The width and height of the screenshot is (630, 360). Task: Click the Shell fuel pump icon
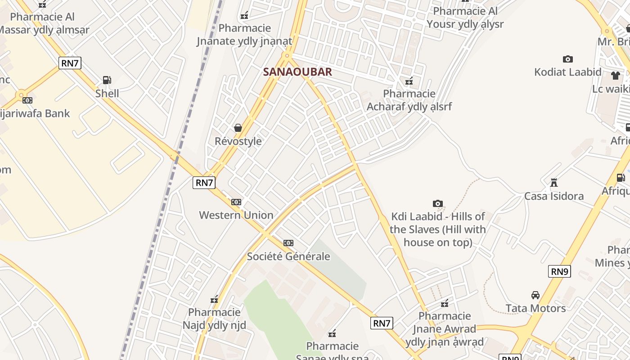click(107, 80)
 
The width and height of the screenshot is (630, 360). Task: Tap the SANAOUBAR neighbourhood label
click(297, 72)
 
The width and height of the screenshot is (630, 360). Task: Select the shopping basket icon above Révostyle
click(238, 128)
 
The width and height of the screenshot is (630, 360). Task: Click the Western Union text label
click(236, 215)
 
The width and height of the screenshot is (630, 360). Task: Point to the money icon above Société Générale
click(288, 243)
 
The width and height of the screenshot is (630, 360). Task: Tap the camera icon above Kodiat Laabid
click(568, 59)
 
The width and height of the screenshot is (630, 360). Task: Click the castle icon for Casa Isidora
click(554, 183)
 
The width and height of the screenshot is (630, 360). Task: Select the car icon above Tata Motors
click(535, 295)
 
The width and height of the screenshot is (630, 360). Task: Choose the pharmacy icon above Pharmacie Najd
click(214, 299)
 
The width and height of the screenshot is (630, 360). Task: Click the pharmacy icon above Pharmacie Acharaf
click(409, 81)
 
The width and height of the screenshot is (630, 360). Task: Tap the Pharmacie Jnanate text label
click(244, 35)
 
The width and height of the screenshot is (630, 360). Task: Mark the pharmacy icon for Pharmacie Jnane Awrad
click(445, 303)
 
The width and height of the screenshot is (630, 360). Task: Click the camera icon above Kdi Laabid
click(437, 203)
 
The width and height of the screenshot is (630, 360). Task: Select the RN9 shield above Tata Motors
click(559, 271)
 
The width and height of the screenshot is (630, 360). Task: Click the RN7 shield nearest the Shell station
click(70, 63)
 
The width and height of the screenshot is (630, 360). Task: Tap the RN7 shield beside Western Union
click(204, 182)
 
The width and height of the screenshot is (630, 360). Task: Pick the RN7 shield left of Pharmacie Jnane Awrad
click(382, 323)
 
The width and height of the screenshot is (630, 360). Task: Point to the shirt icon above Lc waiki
click(615, 75)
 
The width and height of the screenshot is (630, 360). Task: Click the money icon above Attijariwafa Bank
click(27, 100)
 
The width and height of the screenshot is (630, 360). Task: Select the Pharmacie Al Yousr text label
click(465, 18)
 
